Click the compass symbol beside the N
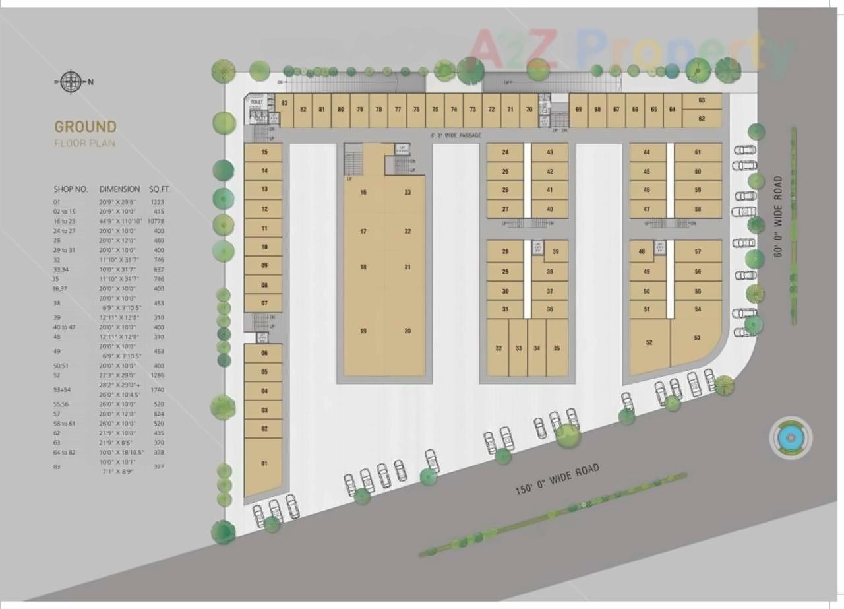tap(70, 82)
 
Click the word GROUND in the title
tap(85, 127)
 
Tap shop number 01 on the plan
tap(264, 464)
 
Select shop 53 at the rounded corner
tap(697, 338)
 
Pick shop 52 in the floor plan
tap(649, 342)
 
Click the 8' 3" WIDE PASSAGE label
tap(455, 135)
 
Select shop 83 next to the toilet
tap(284, 104)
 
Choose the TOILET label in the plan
tap(256, 102)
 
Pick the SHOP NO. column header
tap(71, 189)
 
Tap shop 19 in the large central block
tap(363, 331)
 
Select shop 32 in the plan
tap(498, 348)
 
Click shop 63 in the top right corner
tap(702, 100)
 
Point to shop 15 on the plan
tap(264, 152)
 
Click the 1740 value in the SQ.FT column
tap(157, 390)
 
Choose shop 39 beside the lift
tap(556, 251)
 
